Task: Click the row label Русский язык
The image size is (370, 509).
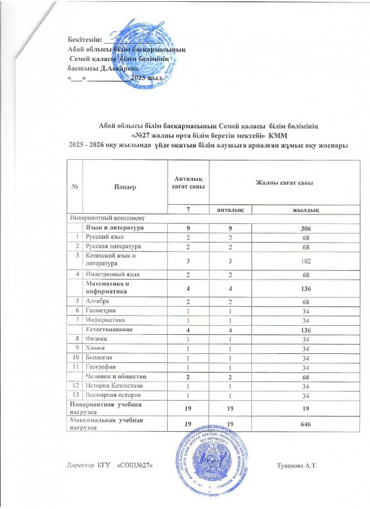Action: tap(105, 237)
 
